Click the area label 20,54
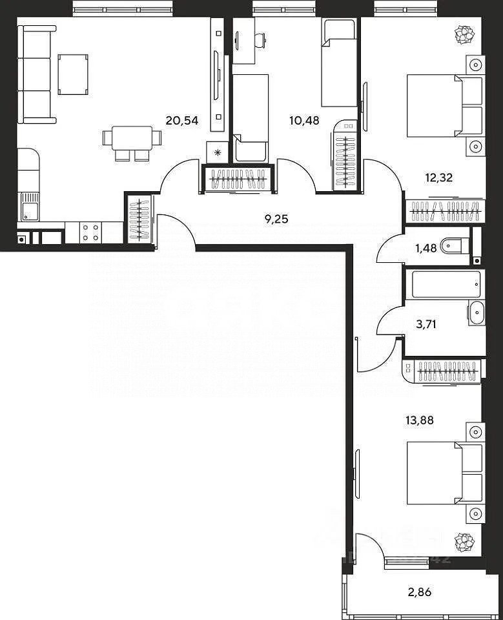coord(181,119)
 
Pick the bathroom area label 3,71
coord(426,324)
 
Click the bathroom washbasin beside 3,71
coord(476,313)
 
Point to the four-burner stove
coord(92,232)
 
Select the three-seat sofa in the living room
coord(37,74)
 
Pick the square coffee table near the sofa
coord(73,74)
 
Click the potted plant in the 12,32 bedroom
coord(464,34)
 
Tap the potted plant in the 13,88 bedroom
coord(464,541)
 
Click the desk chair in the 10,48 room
coord(260,40)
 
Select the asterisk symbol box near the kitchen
coord(217,152)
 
